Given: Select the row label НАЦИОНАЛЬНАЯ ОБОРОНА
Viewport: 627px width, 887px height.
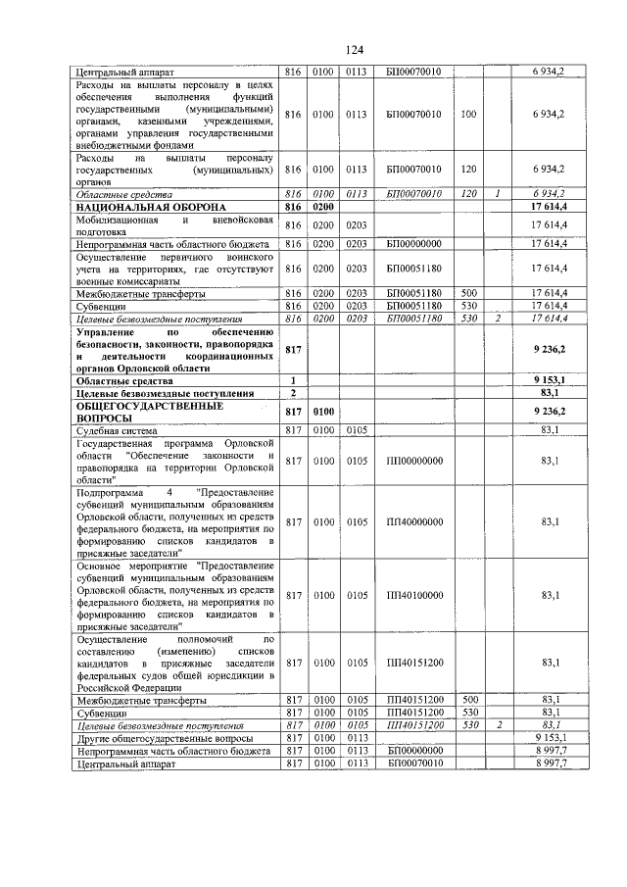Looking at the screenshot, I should point(145,208).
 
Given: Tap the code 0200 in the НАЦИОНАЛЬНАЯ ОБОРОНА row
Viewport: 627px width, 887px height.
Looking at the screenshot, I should point(323,208).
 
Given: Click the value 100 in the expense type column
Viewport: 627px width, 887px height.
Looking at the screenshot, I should point(468,115).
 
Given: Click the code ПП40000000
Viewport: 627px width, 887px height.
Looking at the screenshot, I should point(415,521).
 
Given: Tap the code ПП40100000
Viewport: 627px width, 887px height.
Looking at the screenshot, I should point(415,595).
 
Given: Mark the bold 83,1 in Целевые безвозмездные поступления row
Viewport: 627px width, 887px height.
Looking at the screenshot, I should point(550,392).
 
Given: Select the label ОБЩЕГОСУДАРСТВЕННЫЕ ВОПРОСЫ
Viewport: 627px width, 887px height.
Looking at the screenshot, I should point(136,411).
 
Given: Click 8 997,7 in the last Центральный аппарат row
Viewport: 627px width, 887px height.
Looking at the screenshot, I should point(548,763).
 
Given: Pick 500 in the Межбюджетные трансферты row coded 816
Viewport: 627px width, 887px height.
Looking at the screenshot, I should point(468,293).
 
